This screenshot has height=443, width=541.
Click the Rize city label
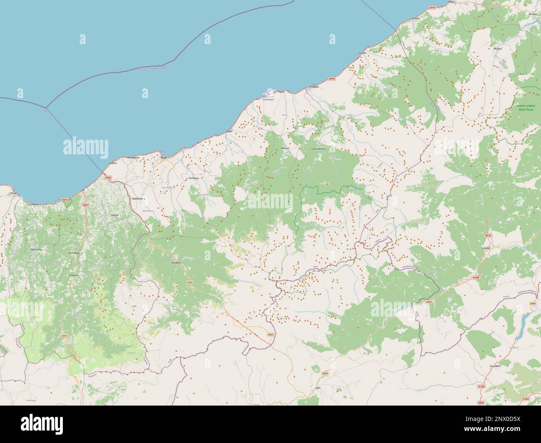[x=163, y=158]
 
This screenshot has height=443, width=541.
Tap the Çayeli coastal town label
[x=228, y=131]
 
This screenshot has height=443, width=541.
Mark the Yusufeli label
[x=486, y=247]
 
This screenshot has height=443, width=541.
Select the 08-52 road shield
[x=488, y=235]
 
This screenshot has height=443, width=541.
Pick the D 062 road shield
[x=526, y=399]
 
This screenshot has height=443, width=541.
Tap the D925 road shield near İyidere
[x=108, y=178]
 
